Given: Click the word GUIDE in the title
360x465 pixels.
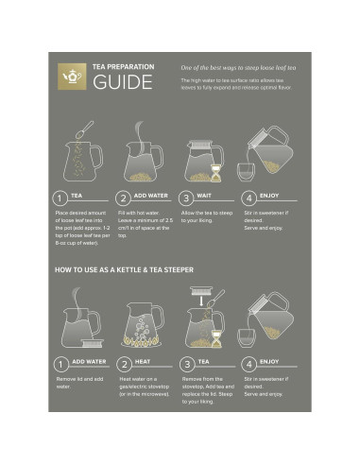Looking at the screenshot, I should pos(122,82).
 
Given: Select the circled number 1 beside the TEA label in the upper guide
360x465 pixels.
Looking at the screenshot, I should pos(60,198).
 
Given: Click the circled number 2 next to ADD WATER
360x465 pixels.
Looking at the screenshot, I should pos(123,198).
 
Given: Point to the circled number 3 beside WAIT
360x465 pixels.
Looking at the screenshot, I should pos(186,198).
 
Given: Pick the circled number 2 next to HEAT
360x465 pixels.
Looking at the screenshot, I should pos(123,363).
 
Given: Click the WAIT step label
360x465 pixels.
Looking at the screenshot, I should pos(205,196).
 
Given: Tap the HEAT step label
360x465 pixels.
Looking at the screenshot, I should pos(143,361).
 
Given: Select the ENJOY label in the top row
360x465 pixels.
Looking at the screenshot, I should pos(269,196).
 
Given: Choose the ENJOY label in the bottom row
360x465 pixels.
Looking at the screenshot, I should pos(269,361).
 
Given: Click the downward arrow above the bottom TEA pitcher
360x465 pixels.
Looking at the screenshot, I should pos(193,296).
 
